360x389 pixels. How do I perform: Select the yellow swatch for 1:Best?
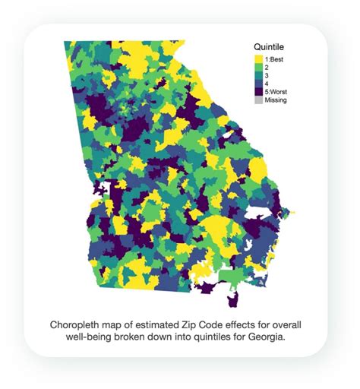[x=258, y=58]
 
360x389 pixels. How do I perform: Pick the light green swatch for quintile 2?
[x=258, y=66]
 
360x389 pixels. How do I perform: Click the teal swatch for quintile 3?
[x=258, y=74]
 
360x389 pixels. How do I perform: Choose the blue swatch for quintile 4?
[x=258, y=83]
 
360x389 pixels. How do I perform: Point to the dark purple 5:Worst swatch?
[x=258, y=92]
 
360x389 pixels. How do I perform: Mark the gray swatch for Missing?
[x=258, y=100]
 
